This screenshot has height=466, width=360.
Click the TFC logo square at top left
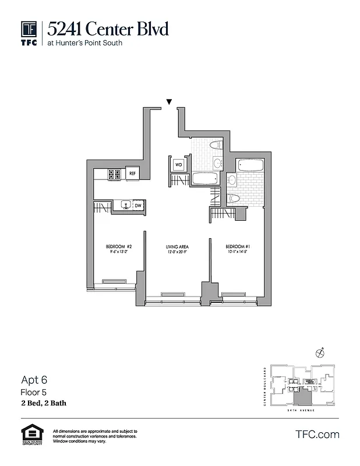[x=30, y=29]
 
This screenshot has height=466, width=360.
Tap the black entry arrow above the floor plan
[x=169, y=102]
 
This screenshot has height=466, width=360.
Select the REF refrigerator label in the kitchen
[x=132, y=174]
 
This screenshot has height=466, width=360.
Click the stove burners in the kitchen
[x=114, y=174]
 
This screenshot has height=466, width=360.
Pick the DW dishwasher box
[x=138, y=206]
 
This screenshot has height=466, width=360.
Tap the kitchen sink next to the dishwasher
[x=125, y=205]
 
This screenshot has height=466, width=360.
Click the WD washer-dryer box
[x=178, y=164]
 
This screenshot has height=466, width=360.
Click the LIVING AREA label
[x=177, y=247]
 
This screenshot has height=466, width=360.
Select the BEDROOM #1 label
[x=238, y=247]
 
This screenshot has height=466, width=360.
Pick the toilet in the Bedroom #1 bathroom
[x=233, y=198]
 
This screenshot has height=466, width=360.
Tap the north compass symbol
[x=319, y=353]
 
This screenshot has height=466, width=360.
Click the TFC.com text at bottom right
[x=317, y=435]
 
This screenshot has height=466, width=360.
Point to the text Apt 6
[x=33, y=380]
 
